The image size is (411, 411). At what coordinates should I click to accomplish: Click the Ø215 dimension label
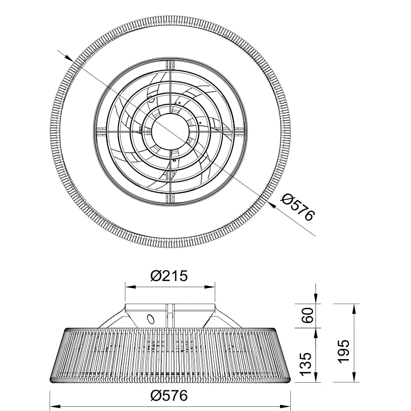[x=169, y=276]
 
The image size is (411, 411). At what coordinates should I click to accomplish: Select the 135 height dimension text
[x=306, y=364]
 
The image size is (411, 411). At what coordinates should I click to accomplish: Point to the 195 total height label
[x=344, y=351]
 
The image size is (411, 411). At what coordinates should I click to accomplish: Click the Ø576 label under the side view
[x=169, y=395]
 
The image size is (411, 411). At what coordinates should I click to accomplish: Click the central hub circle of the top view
[x=171, y=132]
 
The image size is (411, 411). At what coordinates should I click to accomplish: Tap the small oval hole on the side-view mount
[x=151, y=319]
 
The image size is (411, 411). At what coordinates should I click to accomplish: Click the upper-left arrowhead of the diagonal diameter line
[x=69, y=58]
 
